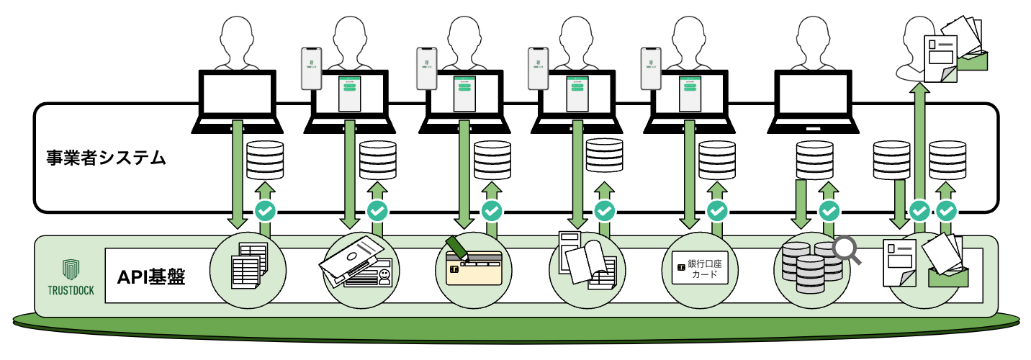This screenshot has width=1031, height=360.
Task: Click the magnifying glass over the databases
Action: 847,249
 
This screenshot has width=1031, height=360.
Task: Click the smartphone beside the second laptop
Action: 310,69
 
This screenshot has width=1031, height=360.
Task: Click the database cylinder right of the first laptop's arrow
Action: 265,160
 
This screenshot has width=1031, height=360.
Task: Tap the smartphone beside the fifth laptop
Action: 651,69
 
